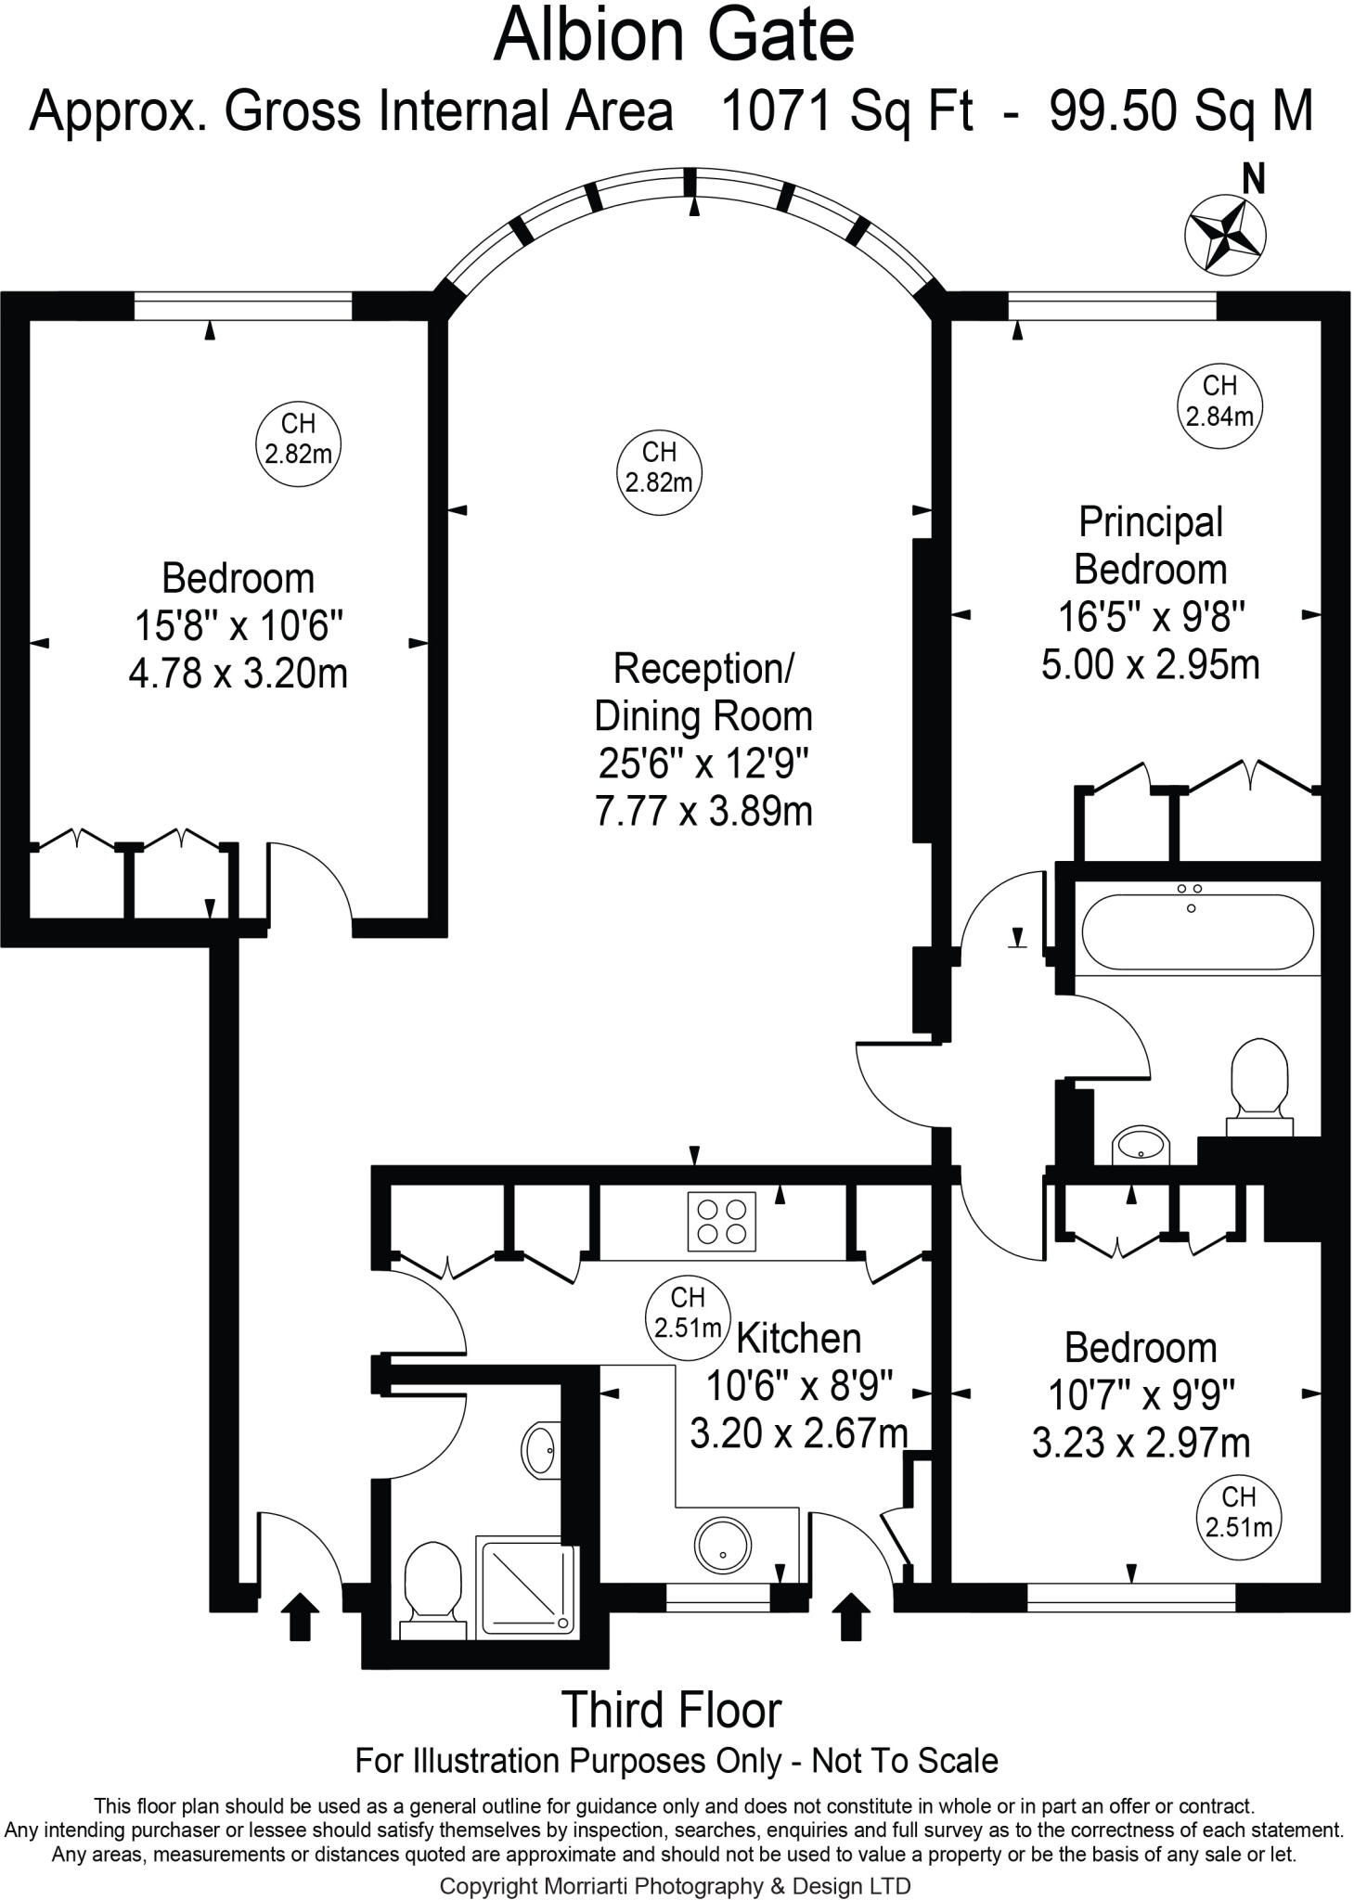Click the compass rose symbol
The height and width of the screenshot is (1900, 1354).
(x=1225, y=232)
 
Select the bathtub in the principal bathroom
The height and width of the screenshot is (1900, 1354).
(x=1196, y=931)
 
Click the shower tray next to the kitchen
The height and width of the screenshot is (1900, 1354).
(x=526, y=1585)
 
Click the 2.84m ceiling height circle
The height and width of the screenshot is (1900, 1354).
(x=1219, y=401)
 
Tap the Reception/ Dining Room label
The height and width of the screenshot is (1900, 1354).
(x=703, y=691)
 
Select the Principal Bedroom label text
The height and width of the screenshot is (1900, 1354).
(x=1150, y=546)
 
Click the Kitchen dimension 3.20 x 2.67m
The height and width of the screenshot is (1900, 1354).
(x=798, y=1433)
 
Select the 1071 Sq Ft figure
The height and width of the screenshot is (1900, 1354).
(x=846, y=111)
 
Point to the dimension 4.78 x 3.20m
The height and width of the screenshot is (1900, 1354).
(x=238, y=673)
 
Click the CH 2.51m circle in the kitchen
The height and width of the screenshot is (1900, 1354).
(x=687, y=1313)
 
